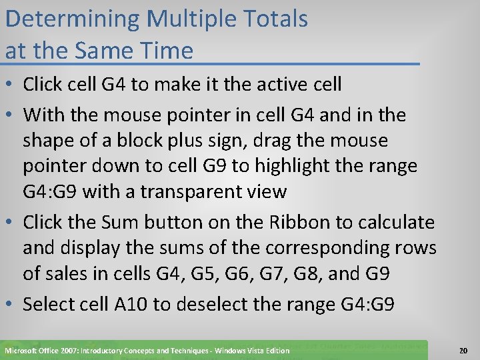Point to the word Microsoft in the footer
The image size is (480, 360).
(x=22, y=351)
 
